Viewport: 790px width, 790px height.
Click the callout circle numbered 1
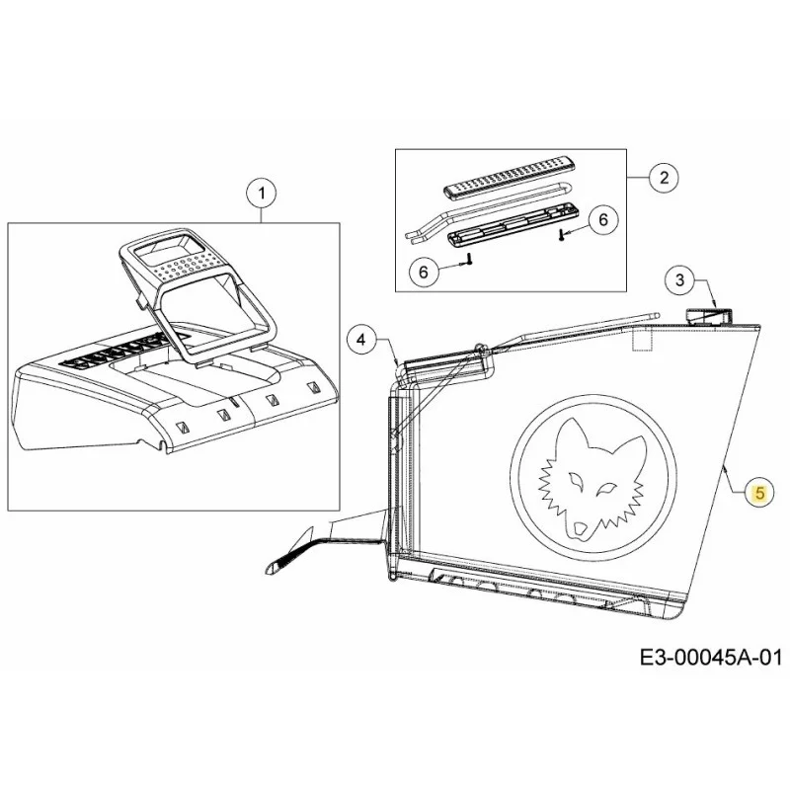tap(261, 194)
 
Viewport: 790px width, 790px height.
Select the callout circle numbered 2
tap(664, 178)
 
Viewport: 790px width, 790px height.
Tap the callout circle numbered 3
tap(680, 279)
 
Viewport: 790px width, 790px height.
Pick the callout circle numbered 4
tap(361, 340)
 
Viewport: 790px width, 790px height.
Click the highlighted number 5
tap(759, 493)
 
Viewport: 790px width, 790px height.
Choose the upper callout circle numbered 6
tap(603, 219)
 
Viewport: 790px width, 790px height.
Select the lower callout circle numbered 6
tap(424, 273)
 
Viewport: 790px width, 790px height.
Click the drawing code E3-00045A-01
tap(711, 658)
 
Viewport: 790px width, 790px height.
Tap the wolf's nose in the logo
tap(580, 528)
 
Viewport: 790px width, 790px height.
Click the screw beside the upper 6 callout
tap(562, 234)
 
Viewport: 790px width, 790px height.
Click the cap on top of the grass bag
tap(708, 315)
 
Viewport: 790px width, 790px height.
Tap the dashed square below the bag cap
tap(643, 340)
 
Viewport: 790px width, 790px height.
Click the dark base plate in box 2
tap(513, 224)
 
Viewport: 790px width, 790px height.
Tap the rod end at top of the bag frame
tap(655, 313)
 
